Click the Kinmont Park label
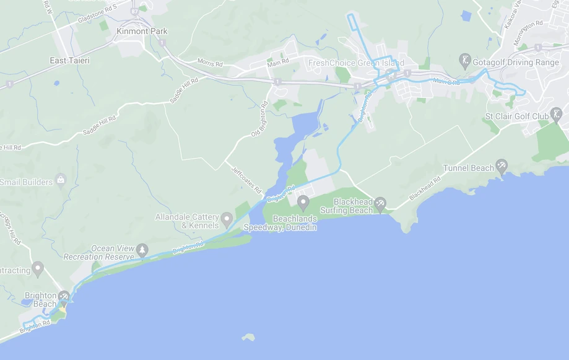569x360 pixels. (142, 31)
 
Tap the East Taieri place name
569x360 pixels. (70, 61)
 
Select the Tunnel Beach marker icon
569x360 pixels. (502, 165)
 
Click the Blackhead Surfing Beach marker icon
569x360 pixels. (381, 203)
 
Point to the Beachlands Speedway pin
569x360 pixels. (303, 202)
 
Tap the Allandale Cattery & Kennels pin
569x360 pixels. (227, 219)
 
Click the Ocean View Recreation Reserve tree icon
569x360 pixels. (143, 250)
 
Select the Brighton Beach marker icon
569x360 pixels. (64, 297)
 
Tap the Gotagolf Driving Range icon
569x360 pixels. (465, 61)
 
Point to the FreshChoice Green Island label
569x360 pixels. (356, 63)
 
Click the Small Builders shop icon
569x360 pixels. (61, 180)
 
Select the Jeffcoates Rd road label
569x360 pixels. (246, 179)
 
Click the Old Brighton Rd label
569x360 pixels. (262, 120)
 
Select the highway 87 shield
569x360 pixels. (135, 11)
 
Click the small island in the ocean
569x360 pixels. (248, 338)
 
